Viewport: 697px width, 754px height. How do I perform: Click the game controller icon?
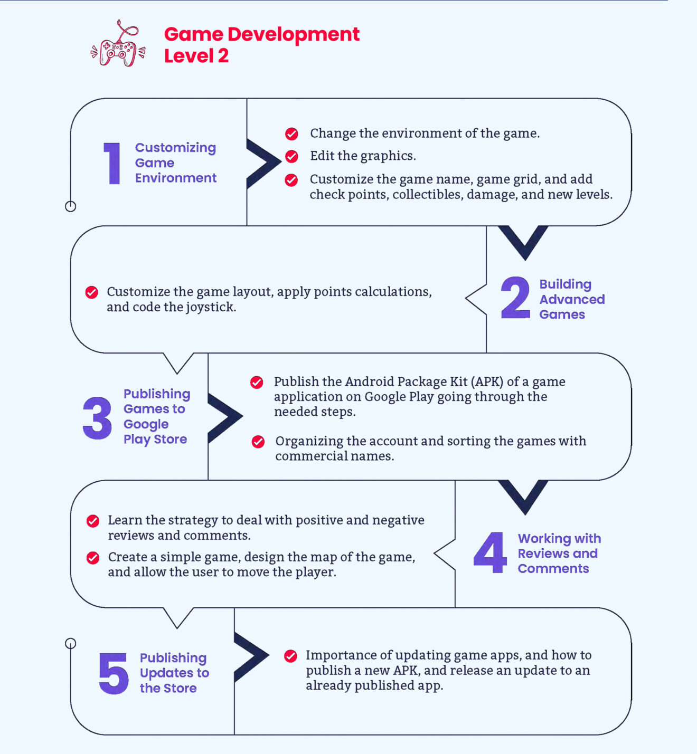coord(118,44)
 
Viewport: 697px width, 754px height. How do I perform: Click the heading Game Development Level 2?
coord(261,45)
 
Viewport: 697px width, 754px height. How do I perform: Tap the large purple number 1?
coord(112,164)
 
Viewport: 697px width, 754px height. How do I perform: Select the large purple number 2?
coord(515,297)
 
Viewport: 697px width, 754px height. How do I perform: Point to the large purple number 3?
coord(97,418)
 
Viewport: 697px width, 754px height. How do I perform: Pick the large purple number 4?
coord(490,552)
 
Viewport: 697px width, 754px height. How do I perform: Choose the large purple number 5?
coord(114,673)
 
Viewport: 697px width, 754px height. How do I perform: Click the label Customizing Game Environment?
coord(176,163)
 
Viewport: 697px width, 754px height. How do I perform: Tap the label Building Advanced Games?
coord(572,299)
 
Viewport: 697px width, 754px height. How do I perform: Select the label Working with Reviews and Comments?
coord(559,553)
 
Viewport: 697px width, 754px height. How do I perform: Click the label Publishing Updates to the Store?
coord(174,673)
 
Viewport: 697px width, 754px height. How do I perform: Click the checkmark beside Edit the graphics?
coord(291,156)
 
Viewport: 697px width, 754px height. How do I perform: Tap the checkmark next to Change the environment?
coord(291,133)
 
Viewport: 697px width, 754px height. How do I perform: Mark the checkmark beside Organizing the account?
coord(258,442)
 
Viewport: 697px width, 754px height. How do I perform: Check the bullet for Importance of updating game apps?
coord(291,656)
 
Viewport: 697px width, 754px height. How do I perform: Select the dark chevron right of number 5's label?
coord(251,657)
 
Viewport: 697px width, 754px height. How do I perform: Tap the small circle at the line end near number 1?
coord(71,206)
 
